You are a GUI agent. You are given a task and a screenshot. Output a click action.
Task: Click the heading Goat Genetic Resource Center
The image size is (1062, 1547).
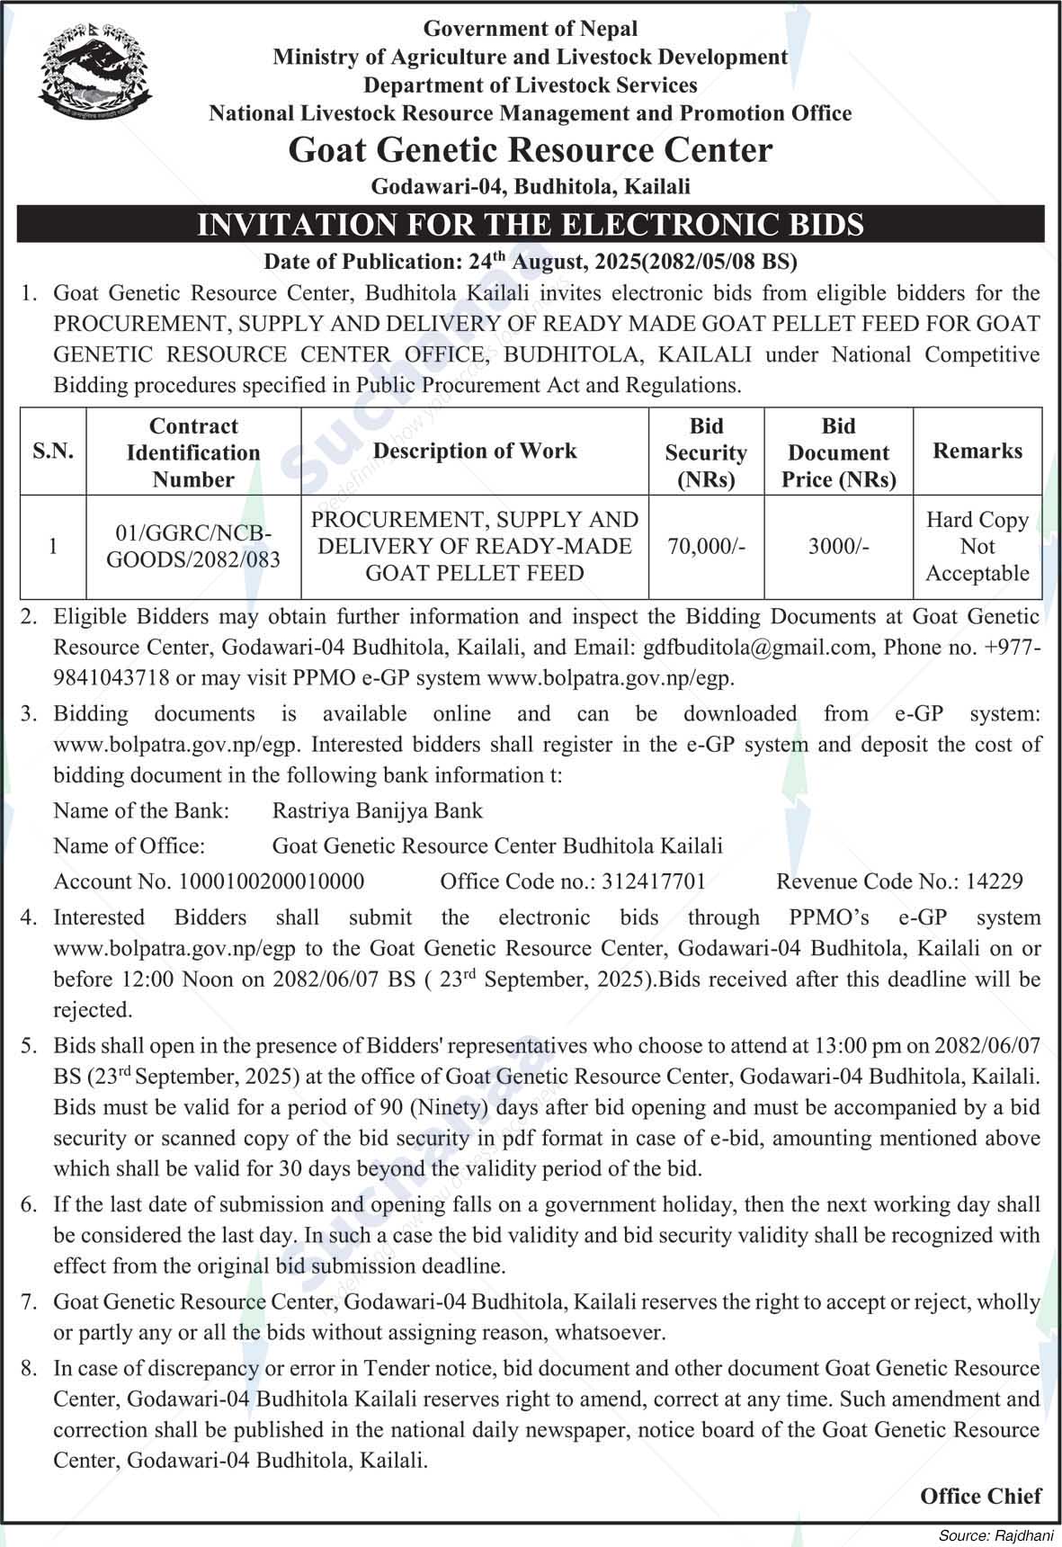(531, 150)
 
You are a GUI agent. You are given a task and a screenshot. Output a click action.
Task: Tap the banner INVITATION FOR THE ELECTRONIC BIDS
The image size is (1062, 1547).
(531, 224)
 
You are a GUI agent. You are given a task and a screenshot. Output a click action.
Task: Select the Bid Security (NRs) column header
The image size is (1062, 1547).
(706, 452)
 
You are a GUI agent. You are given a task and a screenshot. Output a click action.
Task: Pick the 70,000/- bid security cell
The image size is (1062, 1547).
(706, 546)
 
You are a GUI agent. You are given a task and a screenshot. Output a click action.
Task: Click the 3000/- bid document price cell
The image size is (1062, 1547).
(838, 546)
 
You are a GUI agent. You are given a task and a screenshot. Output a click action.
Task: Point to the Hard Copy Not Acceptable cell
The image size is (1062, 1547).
(977, 546)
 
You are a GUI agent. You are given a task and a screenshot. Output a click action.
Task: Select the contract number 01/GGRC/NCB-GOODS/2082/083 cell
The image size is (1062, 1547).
(193, 546)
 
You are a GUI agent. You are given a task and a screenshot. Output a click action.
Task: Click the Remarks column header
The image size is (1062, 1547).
(977, 452)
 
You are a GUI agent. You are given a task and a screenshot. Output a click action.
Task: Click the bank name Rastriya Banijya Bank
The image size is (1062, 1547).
(378, 810)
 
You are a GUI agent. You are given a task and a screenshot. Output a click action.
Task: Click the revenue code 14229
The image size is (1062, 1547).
(995, 881)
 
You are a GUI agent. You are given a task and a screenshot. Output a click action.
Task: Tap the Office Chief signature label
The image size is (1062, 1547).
(980, 1496)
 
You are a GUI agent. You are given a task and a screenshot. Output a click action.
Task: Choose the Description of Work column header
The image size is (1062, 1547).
(475, 452)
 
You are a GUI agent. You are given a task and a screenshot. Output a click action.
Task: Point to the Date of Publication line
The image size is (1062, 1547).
(531, 262)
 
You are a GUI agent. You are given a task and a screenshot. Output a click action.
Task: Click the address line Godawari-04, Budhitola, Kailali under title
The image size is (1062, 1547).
(531, 186)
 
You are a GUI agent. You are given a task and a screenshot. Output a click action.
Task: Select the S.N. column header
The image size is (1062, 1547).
(53, 452)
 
